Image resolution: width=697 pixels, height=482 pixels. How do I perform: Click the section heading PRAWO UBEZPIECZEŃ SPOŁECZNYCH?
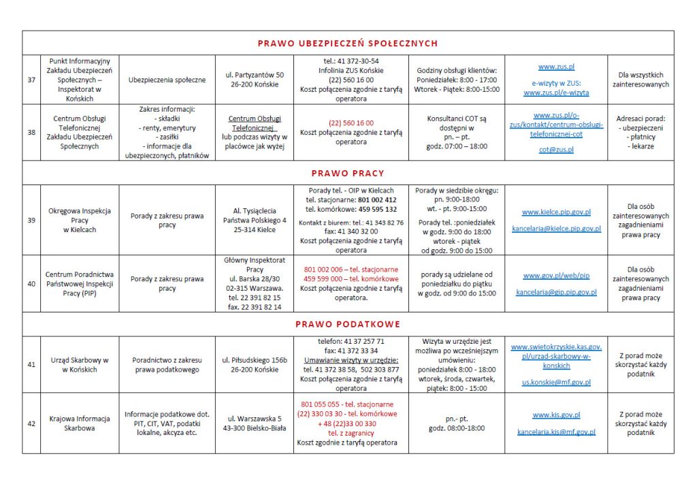point(348,44)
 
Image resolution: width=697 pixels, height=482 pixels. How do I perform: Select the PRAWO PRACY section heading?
point(348,173)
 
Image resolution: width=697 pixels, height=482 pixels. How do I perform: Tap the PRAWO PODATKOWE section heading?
point(348,324)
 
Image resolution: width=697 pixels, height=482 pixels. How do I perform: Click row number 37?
point(31,80)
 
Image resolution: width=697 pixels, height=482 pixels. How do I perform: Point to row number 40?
point(31,283)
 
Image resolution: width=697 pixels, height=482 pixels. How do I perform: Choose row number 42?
point(31,423)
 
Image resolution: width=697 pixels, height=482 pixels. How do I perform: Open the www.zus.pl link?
point(556,67)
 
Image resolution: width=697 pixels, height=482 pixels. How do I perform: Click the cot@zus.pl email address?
point(556,149)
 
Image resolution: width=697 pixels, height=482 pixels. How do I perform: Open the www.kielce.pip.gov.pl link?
point(556,212)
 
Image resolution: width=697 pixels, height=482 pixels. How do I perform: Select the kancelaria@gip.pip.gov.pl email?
point(556,292)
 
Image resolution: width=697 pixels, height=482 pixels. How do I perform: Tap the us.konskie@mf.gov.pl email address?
point(556,383)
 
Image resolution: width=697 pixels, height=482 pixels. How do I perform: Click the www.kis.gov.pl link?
point(556,415)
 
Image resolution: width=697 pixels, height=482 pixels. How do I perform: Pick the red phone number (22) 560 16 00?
point(351,123)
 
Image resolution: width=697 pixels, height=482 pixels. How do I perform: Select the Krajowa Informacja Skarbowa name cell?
point(80,423)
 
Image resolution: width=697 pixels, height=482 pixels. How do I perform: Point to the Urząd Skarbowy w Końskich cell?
point(80,364)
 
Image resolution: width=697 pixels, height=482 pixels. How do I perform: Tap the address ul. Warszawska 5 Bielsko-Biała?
point(255,423)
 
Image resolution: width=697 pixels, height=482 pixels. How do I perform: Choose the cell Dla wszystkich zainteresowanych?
point(641,80)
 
